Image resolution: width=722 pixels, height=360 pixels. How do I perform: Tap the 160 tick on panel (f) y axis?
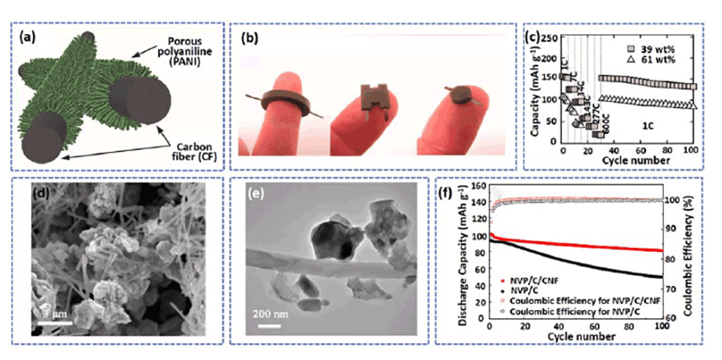(477, 186)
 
